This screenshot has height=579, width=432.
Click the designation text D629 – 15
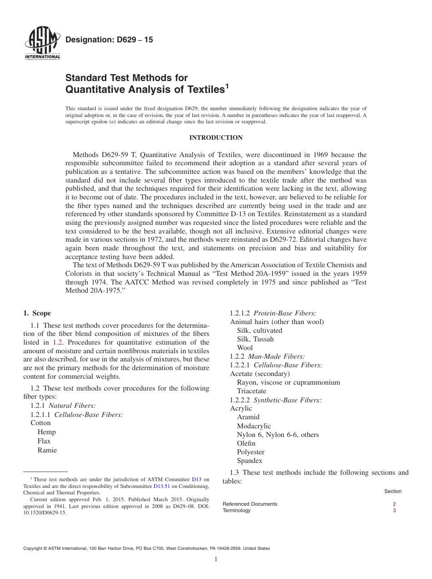pos(109,40)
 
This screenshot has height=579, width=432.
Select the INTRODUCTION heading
pos(216,137)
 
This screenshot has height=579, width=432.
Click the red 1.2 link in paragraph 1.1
pos(57,342)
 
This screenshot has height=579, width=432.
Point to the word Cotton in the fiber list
pos(40,423)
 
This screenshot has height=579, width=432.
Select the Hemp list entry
pos(46,432)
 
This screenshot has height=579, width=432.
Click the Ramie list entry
pos(47,450)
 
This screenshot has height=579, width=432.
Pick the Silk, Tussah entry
pos(255,339)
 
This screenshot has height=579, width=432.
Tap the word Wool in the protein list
pos(245,348)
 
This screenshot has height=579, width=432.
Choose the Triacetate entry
pos(251,391)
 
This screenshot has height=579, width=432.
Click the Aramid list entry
pos(248,417)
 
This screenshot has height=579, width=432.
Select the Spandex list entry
pos(249,461)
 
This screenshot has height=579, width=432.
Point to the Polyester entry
pos(251,452)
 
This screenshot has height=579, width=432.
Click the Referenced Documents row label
pos(250,504)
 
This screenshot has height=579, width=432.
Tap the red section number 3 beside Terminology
pos(394,511)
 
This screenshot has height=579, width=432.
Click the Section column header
pos(392,491)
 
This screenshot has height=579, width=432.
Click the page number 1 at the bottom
pos(216,559)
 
